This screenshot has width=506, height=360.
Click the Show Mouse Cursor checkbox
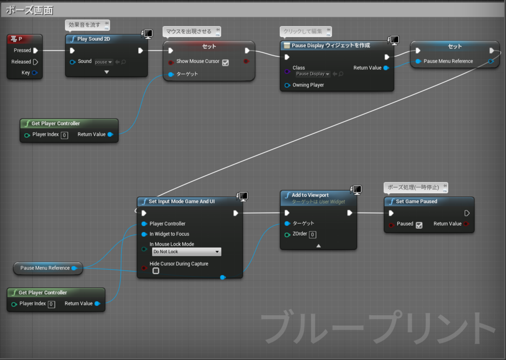[x=225, y=62]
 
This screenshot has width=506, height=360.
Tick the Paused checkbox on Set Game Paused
[x=419, y=225]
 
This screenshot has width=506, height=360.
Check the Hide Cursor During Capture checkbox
[x=156, y=271]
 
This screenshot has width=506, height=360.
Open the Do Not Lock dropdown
[x=186, y=252]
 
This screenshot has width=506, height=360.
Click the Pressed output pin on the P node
[x=36, y=50]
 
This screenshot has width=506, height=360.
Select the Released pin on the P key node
[x=36, y=62]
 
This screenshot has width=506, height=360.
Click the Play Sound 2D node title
[x=93, y=39]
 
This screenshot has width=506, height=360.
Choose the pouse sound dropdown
[x=104, y=62]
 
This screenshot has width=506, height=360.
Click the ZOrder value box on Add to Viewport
[x=312, y=235]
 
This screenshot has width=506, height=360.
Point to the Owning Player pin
[x=287, y=85]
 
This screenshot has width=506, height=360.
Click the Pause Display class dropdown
[x=313, y=74]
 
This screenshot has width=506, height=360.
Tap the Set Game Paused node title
[x=416, y=201]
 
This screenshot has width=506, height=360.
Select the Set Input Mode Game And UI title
[x=181, y=201]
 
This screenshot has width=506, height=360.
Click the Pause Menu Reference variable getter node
[x=48, y=268]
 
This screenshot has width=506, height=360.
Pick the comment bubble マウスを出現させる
[x=192, y=31]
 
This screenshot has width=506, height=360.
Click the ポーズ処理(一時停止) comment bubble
[x=416, y=188]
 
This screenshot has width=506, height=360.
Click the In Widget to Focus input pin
[x=144, y=234]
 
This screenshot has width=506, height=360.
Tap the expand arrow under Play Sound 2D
[x=107, y=72]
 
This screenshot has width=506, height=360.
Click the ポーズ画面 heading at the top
[x=29, y=10]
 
